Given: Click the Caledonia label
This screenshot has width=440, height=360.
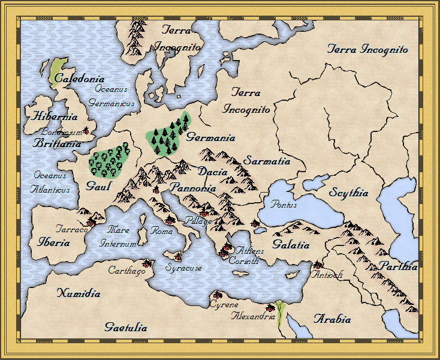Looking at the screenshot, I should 79,79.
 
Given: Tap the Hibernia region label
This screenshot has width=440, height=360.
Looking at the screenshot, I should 56,116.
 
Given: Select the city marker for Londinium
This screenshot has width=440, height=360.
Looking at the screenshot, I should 86,131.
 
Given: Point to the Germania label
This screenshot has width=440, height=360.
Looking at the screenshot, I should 210,137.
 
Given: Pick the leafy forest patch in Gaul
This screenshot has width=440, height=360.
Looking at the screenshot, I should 109,161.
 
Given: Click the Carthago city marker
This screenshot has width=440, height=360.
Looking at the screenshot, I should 146,263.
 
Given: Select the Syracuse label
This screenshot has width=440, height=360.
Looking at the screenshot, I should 183,268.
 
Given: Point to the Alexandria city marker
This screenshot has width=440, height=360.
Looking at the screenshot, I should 270,308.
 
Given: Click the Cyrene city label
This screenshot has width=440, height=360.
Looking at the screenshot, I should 224,305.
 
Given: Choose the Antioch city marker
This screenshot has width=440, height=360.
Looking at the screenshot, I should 317,265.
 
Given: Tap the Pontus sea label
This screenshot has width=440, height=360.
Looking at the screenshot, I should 284,205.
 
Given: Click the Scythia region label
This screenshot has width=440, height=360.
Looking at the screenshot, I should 348,193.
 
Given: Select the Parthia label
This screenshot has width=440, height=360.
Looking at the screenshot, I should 399,266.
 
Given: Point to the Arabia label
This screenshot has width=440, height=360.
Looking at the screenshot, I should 333,319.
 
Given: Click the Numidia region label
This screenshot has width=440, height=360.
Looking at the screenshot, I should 79,293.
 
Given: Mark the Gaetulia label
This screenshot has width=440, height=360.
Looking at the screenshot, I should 125,328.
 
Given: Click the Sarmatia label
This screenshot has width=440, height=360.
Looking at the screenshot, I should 267,161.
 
